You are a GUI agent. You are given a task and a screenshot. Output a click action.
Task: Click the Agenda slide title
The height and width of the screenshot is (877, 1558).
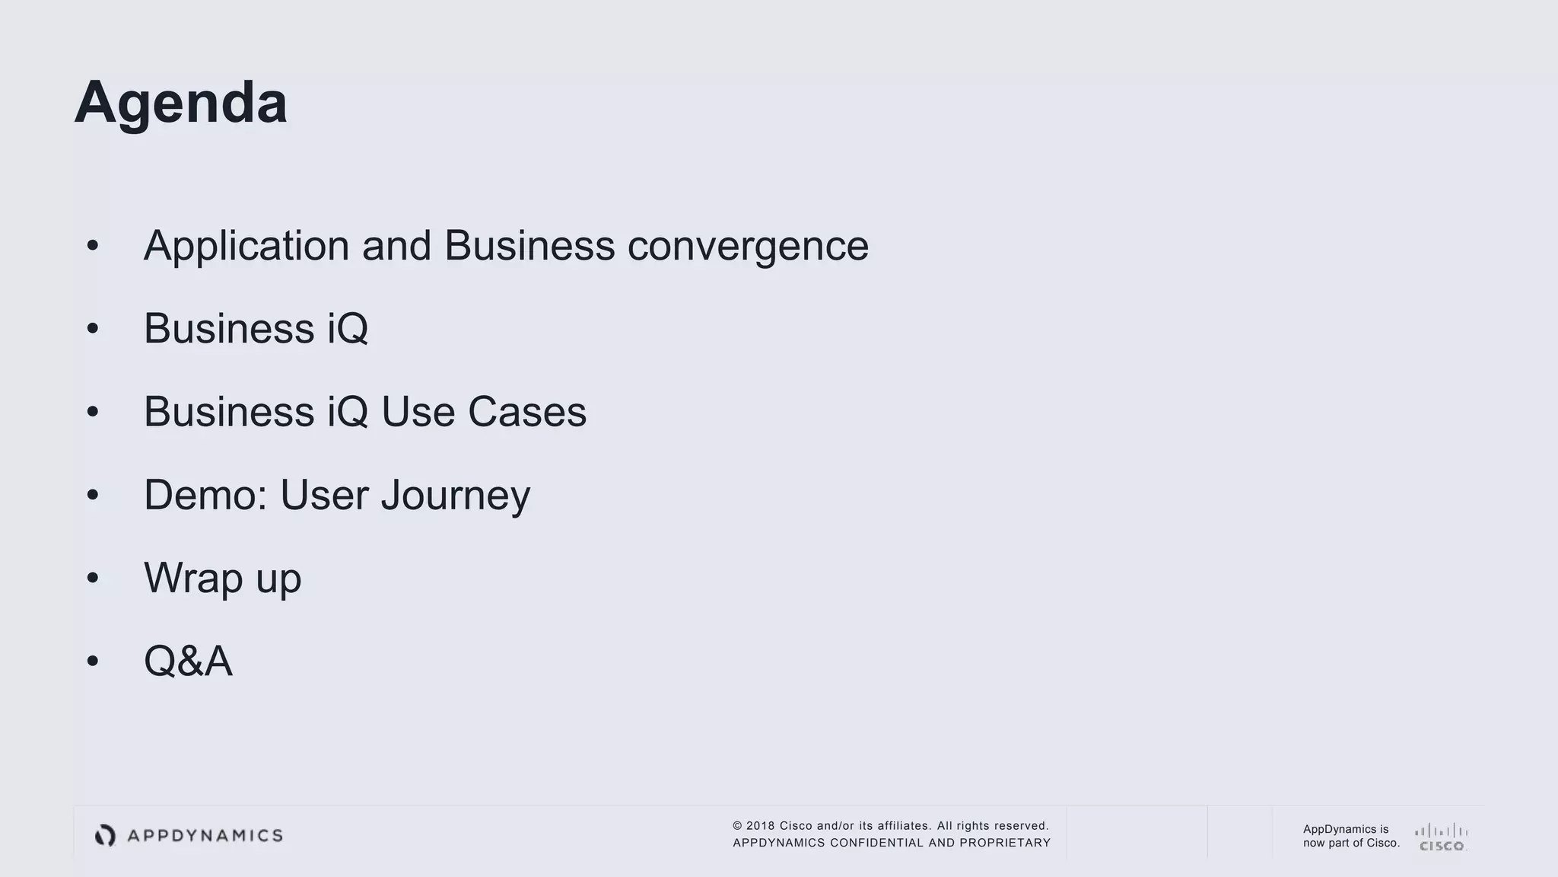(180, 102)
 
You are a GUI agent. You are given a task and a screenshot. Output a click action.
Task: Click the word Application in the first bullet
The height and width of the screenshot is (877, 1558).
(246, 247)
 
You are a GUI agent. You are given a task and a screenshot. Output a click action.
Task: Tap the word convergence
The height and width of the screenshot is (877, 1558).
(748, 247)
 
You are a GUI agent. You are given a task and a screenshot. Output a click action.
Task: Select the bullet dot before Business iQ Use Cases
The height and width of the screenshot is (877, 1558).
(93, 412)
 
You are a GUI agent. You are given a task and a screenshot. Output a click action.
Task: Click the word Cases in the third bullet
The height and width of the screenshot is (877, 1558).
(526, 412)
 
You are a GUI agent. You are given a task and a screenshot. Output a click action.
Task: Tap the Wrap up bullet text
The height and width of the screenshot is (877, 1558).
(222, 579)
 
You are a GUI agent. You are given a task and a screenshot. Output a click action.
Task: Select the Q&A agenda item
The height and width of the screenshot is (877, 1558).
(188, 661)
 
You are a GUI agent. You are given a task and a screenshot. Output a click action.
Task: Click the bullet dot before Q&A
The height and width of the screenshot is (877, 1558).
(93, 661)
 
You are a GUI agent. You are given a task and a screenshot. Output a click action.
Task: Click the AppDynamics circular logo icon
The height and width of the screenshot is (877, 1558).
(105, 835)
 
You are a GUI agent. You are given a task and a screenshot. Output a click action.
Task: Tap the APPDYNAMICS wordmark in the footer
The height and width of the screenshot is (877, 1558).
(205, 836)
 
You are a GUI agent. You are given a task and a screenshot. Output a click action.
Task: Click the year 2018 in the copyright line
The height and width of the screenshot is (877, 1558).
(760, 826)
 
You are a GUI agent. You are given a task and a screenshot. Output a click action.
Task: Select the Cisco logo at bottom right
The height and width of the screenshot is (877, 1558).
(1442, 837)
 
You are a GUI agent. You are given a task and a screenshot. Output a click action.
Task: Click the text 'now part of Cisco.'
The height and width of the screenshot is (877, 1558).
(1351, 843)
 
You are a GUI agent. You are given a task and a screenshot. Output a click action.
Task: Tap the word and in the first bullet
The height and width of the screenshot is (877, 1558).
(396, 247)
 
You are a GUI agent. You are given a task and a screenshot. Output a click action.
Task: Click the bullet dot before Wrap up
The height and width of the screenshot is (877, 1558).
(93, 578)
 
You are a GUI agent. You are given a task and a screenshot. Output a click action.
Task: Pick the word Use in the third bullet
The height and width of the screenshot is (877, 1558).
(418, 412)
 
